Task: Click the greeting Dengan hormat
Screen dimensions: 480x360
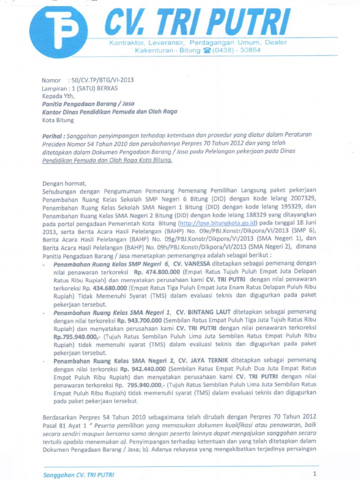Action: [65, 183]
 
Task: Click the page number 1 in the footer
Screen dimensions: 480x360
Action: [315, 473]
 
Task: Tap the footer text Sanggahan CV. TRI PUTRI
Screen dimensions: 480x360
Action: [79, 474]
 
